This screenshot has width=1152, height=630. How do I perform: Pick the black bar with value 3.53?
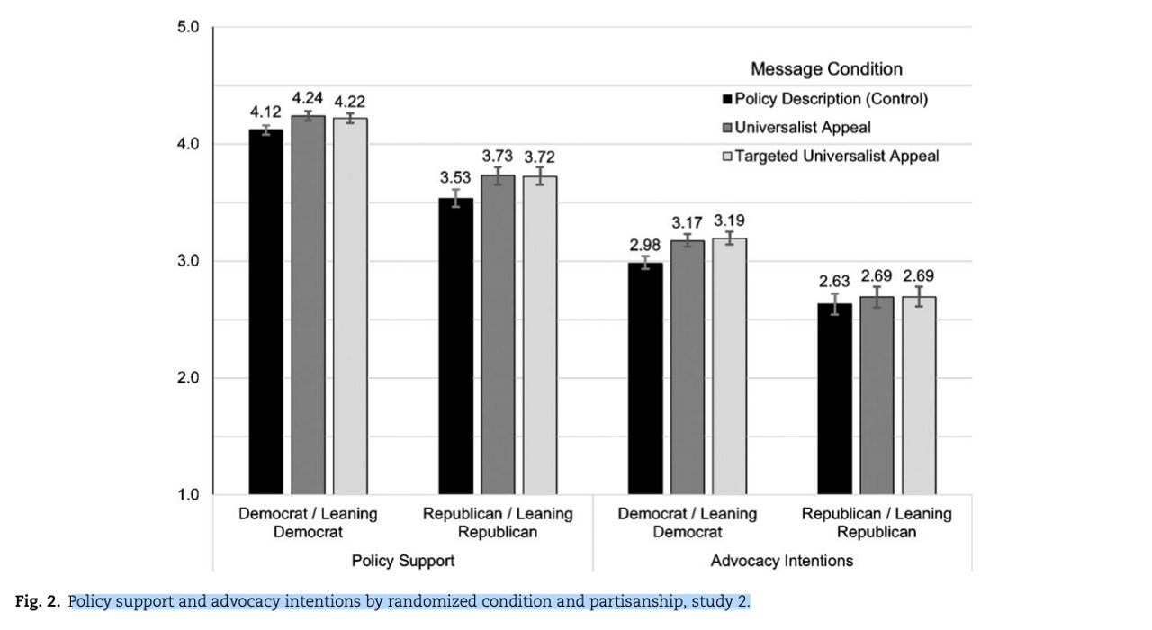pyautogui.click(x=455, y=346)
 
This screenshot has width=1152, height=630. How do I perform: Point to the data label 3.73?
pyautogui.click(x=498, y=157)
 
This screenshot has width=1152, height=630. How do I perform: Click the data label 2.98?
pyautogui.click(x=644, y=245)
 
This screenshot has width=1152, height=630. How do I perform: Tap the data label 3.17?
pyautogui.click(x=687, y=222)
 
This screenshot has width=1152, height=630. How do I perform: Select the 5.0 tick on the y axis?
pyautogui.click(x=186, y=27)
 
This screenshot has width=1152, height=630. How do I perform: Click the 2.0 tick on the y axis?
pyautogui.click(x=186, y=378)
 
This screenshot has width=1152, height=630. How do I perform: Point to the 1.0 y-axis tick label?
pyautogui.click(x=186, y=494)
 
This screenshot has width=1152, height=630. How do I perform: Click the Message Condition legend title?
pyautogui.click(x=826, y=69)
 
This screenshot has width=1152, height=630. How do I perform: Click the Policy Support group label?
pyautogui.click(x=402, y=561)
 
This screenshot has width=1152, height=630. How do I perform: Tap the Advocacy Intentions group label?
pyautogui.click(x=781, y=561)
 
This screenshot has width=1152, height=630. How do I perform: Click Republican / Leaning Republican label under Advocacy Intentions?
pyautogui.click(x=877, y=523)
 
